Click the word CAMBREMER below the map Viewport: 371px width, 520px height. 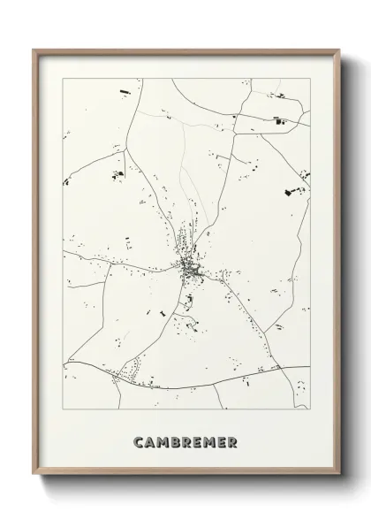point(186,440)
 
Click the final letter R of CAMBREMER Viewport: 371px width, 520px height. point(232,440)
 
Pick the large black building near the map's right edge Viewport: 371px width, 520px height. point(289,195)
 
